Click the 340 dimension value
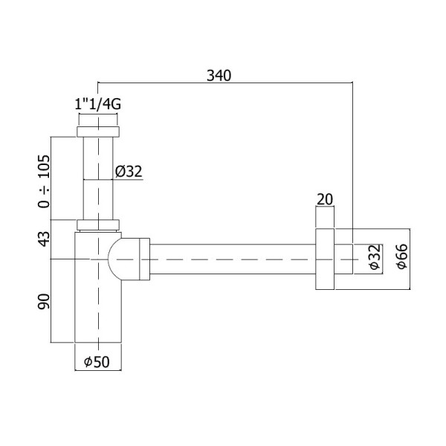tap(221, 75)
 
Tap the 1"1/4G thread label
tap(98, 105)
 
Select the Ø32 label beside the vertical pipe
tap(128, 172)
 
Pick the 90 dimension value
tap(44, 301)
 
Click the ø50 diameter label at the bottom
tap(97, 362)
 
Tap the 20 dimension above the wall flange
tap(325, 198)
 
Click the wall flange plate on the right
tap(325, 259)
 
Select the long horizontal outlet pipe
tap(230, 259)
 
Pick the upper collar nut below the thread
tap(97, 132)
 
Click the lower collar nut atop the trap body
tap(97, 225)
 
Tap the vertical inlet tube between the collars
tap(97, 178)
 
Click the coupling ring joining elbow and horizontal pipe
tap(143, 259)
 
